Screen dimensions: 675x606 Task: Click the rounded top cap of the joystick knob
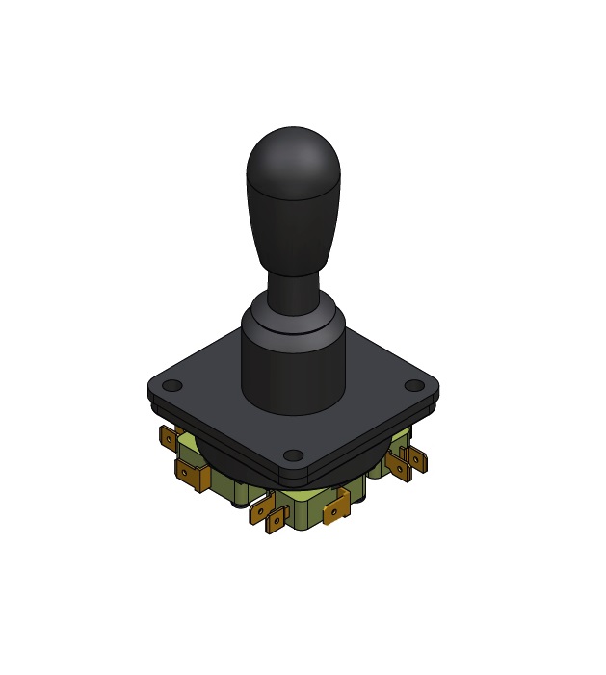pyautogui.click(x=293, y=159)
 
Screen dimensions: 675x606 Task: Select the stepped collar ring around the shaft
pyautogui.click(x=293, y=318)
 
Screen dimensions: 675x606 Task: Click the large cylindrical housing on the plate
pyautogui.click(x=293, y=371)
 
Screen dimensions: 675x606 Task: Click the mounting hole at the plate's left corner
pyautogui.click(x=171, y=386)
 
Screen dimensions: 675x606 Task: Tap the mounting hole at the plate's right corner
pyautogui.click(x=413, y=385)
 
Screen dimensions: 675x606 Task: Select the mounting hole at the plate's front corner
pyautogui.click(x=294, y=455)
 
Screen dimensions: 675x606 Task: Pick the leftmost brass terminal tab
pyautogui.click(x=168, y=439)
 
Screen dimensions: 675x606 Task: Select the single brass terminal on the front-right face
pyautogui.click(x=336, y=506)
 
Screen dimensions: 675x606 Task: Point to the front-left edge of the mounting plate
pyautogui.click(x=217, y=434)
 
